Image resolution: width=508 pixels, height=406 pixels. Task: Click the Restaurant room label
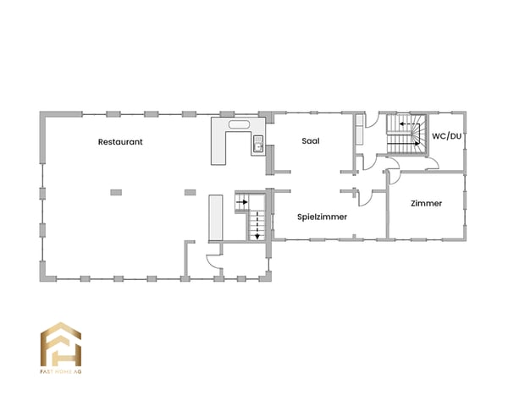click(120, 142)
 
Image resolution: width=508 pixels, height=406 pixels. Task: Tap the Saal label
click(311, 141)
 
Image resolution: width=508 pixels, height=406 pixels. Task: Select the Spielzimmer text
click(322, 217)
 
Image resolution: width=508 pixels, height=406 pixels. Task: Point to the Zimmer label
click(426, 203)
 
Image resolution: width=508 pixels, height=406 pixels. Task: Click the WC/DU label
click(446, 136)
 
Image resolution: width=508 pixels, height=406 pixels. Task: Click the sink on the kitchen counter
click(258, 144)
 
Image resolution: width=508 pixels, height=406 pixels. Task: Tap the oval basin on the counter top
click(239, 124)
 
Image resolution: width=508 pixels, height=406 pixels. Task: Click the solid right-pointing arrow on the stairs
click(242, 202)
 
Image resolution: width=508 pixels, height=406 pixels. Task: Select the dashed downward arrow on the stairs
click(257, 225)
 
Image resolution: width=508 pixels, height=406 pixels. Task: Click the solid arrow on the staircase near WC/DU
click(403, 143)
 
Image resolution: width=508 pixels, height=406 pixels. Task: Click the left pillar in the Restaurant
click(116, 192)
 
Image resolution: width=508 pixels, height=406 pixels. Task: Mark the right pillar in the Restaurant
click(190, 192)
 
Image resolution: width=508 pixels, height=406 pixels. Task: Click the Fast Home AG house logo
click(61, 344)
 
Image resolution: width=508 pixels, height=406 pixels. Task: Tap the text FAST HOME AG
click(61, 371)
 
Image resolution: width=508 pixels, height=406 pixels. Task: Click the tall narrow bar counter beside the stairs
click(216, 217)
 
